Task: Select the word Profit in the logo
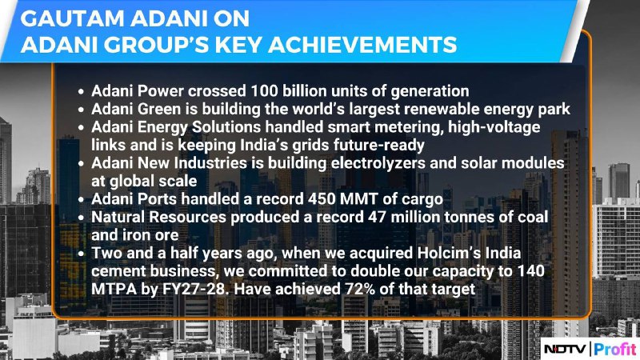coord(615,349)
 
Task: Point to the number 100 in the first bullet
coord(264,90)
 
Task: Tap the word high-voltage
coord(494,127)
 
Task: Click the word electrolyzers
coord(378,163)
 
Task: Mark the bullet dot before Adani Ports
coord(82,199)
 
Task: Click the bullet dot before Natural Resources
coord(82,218)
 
